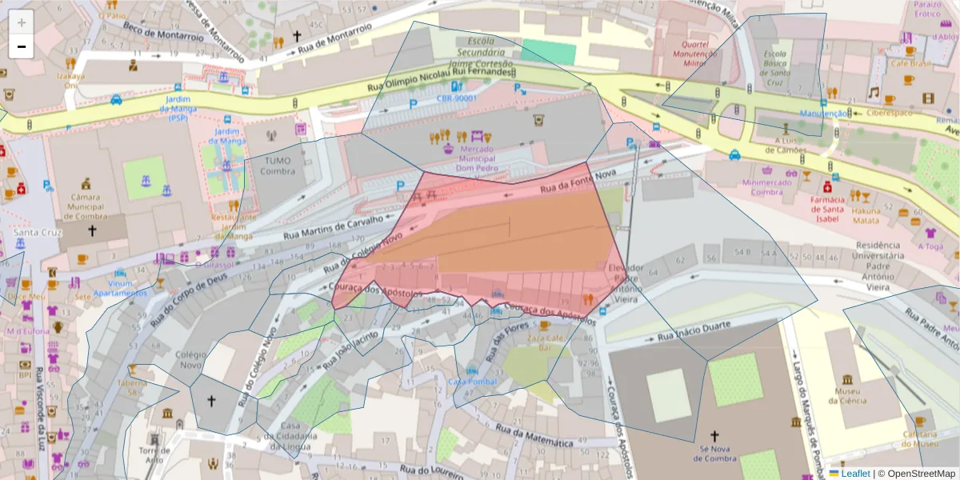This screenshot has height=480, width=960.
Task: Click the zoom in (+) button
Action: (22, 22)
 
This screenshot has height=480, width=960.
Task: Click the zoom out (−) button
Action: (22, 46)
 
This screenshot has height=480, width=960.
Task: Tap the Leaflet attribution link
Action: (854, 474)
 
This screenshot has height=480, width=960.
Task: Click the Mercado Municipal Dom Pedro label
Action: (476, 158)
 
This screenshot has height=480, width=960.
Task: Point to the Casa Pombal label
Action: (472, 382)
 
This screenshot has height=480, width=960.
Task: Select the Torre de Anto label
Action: (154, 455)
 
